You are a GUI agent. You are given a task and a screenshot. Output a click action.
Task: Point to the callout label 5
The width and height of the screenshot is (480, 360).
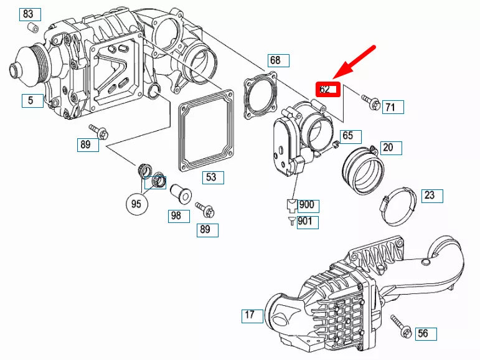32,100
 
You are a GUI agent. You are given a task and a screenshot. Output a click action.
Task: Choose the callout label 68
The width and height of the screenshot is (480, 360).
278,60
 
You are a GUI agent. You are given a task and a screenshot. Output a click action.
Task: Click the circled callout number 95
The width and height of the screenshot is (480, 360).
136,202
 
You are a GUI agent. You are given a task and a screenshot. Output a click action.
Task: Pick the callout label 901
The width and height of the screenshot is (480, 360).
308,222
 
